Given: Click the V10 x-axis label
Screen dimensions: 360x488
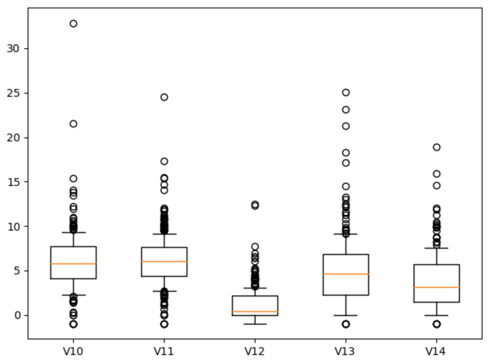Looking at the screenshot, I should (x=73, y=351).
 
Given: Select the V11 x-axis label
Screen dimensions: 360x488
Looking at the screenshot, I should (x=164, y=351).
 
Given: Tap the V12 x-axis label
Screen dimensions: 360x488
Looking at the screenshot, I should (x=255, y=351).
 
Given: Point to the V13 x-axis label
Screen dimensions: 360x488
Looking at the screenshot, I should (x=346, y=351).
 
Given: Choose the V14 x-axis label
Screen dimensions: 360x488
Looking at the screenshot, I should (x=436, y=351).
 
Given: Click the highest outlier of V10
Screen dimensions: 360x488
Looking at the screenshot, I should (x=73, y=23).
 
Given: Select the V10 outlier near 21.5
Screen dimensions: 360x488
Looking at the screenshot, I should (x=73, y=124).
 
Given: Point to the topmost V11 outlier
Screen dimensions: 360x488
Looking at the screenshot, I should (x=164, y=97).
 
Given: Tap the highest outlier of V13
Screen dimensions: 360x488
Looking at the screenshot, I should (x=346, y=92).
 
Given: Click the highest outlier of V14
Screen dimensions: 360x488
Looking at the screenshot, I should (x=436, y=147).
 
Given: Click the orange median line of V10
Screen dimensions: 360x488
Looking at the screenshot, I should (x=73, y=264).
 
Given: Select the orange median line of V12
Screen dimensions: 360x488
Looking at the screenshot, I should (x=255, y=311).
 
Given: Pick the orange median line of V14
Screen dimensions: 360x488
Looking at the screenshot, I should (x=436, y=287).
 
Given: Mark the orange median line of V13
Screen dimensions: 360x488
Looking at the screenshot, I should (x=346, y=274).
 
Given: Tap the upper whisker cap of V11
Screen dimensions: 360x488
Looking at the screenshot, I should (x=164, y=234).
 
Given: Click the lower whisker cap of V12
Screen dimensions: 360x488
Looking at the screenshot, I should (x=255, y=324).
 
